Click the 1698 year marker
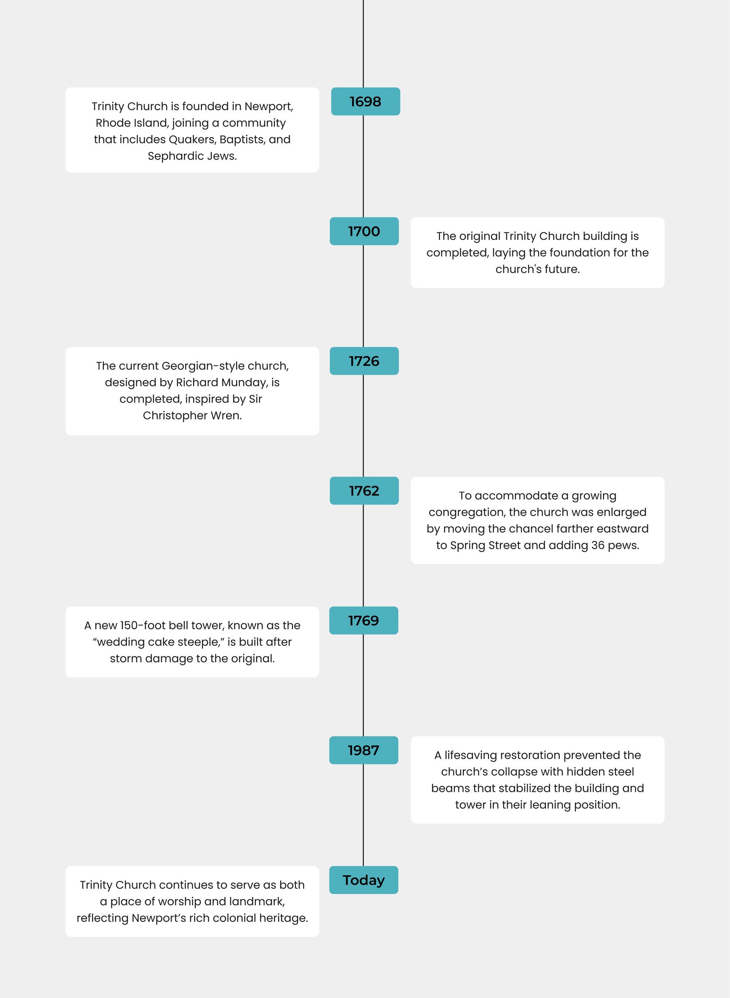(365, 102)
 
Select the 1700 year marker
(364, 231)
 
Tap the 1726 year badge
(364, 361)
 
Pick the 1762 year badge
(364, 491)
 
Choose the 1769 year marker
(364, 621)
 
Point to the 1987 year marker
(364, 750)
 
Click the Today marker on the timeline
(364, 880)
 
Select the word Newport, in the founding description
(269, 106)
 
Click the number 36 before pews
(598, 545)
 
